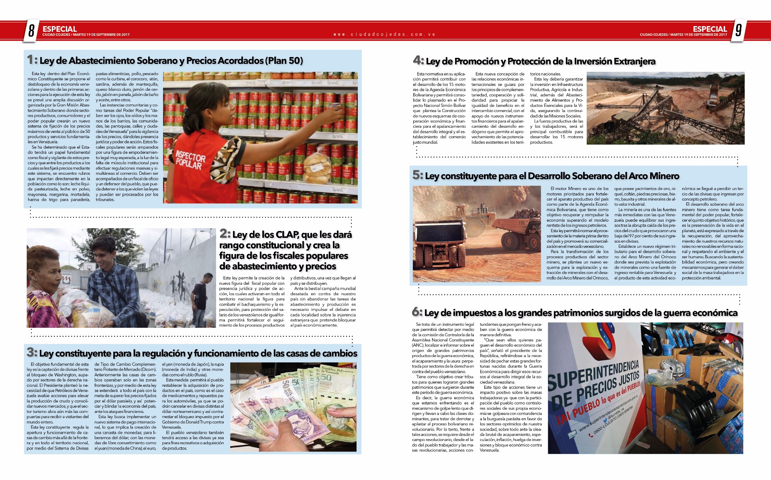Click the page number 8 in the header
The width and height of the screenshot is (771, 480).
[x=31, y=31]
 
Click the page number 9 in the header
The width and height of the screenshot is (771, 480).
[x=738, y=31]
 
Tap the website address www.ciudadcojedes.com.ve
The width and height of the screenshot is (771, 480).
[x=385, y=35]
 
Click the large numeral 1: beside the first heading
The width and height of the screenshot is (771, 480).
[x=32, y=60]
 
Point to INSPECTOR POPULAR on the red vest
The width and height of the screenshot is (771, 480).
[x=191, y=160]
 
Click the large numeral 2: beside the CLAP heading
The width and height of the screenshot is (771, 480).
[x=225, y=234]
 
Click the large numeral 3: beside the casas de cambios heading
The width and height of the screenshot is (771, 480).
[x=32, y=353]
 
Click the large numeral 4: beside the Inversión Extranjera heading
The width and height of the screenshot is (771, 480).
[x=418, y=61]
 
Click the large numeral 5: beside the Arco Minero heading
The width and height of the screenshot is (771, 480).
[x=418, y=175]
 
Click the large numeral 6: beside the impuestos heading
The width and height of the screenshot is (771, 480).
[x=417, y=312]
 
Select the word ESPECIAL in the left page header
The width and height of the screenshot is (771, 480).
[x=59, y=29]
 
